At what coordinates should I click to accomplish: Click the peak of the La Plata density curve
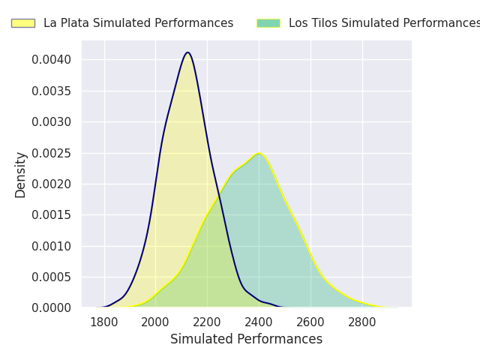click(187, 52)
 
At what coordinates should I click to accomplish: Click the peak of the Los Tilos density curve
click(259, 154)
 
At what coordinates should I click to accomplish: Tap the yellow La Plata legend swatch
click(22, 23)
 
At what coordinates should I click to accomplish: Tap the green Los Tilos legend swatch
click(268, 23)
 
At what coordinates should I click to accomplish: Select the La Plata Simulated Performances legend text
click(138, 23)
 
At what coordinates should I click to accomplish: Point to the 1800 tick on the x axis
click(104, 322)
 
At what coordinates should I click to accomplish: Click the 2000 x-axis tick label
click(155, 322)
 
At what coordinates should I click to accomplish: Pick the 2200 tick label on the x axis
click(207, 322)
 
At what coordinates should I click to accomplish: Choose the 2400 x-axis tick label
click(259, 322)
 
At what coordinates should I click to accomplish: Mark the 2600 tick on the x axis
click(310, 322)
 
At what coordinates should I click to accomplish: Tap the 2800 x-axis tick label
click(362, 322)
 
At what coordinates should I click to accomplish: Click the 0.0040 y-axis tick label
click(52, 60)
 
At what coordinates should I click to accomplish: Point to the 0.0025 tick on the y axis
click(52, 153)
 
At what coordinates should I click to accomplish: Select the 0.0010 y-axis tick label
click(52, 246)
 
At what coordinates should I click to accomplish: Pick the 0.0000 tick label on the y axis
click(52, 307)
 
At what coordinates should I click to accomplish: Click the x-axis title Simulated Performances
click(246, 340)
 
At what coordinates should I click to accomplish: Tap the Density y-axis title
click(21, 174)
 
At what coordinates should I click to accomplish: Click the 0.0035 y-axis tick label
click(52, 91)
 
